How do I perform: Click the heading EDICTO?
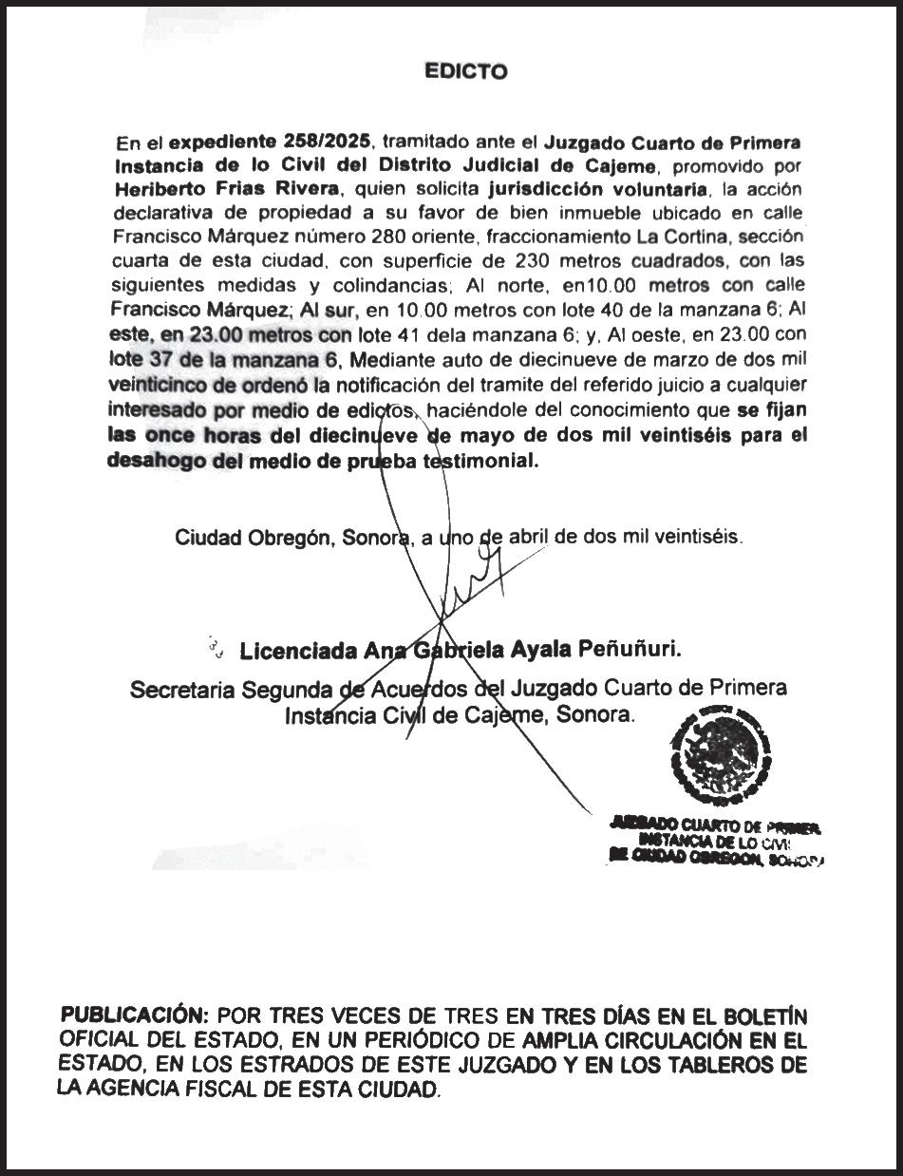tap(466, 71)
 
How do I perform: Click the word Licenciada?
tap(298, 652)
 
